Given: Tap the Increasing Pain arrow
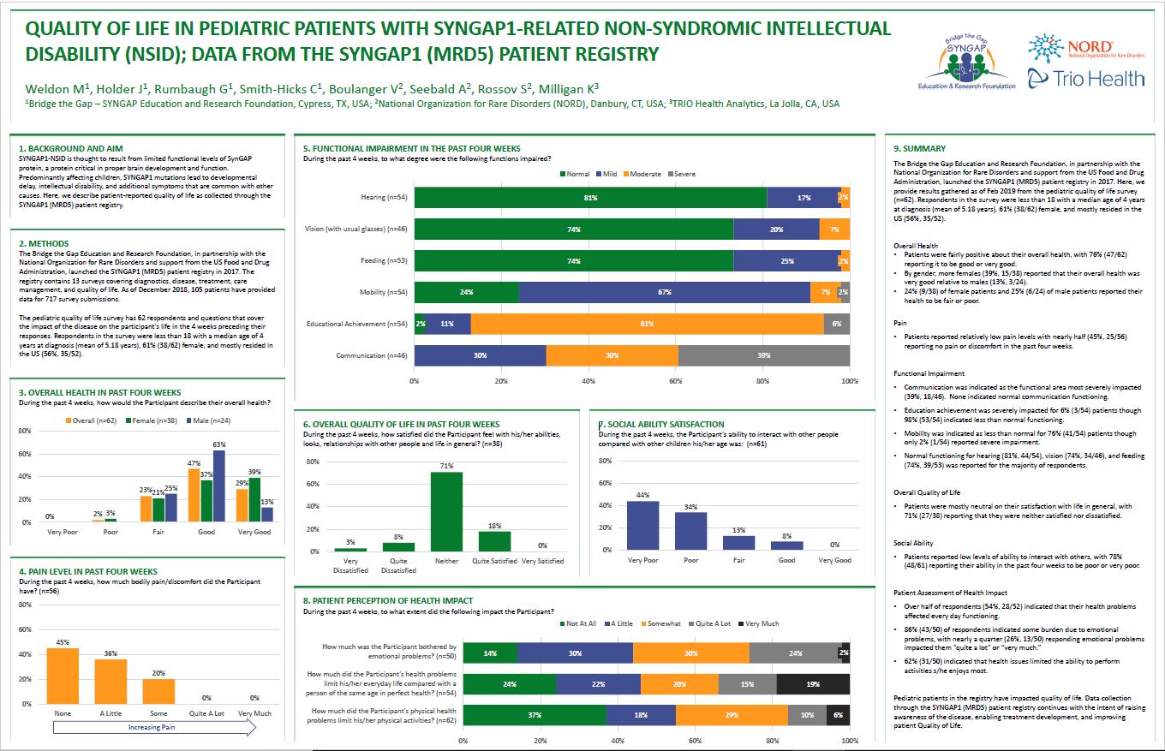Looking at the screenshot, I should (154, 729).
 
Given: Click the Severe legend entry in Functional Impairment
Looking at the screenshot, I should (680, 174).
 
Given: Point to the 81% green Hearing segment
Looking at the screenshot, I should (590, 198).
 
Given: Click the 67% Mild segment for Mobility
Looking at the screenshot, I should (664, 292).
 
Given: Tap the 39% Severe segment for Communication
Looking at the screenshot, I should (763, 355).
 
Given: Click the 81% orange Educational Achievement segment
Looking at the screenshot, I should (647, 324).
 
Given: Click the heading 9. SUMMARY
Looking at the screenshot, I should (919, 148).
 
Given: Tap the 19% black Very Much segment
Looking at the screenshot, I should (813, 683).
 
